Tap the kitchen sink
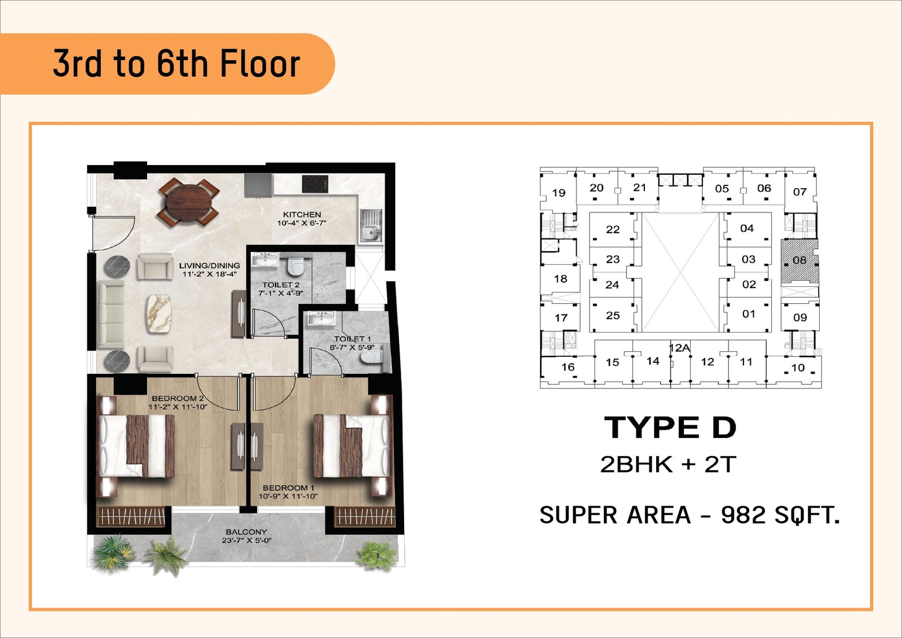370,226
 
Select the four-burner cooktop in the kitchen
315,184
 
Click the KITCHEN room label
302,215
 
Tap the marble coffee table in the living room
158,313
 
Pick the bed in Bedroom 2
137,446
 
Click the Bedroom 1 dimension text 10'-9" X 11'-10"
288,497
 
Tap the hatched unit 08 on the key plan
800,261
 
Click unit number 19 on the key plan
559,193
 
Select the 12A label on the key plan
679,348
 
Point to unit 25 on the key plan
612,316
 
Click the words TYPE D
670,427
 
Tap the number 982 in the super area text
743,515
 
